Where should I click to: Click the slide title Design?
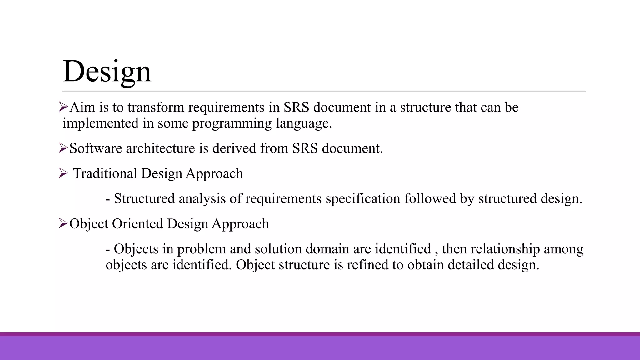click(107, 71)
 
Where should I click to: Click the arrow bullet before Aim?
click(63, 107)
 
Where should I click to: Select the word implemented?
click(101, 123)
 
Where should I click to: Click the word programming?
click(232, 123)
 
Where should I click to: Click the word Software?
click(96, 148)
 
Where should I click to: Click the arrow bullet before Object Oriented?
click(63, 223)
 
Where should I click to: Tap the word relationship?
click(505, 249)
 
